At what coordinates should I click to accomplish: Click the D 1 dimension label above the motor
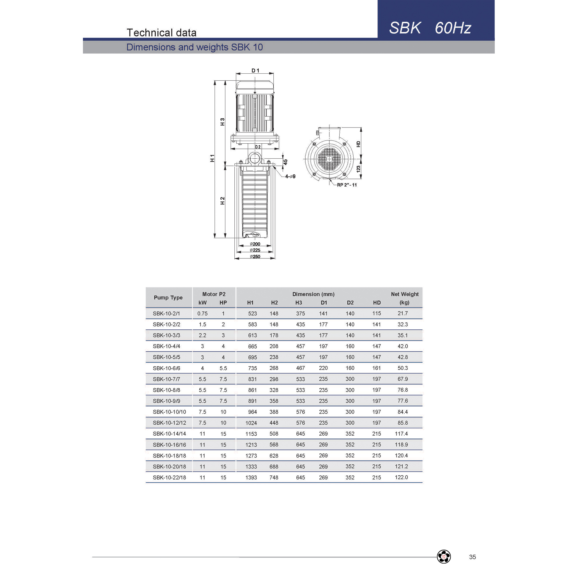pos(255,71)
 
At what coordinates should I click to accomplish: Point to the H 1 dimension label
pos(212,158)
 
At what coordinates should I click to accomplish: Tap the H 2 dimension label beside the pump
pos(222,201)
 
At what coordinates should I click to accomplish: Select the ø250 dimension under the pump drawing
pos(255,257)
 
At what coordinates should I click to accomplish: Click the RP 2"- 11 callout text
pos(347,185)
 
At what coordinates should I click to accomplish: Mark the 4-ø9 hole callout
pos(290,177)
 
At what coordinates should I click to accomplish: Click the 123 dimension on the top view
pos(358,169)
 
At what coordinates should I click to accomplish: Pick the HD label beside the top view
pos(358,144)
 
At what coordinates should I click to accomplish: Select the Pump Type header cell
pos(168,297)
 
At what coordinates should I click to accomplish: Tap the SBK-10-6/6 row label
pos(166,368)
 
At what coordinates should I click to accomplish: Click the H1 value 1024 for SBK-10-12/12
pos(251,423)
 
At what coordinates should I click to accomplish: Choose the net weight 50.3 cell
pos(402,368)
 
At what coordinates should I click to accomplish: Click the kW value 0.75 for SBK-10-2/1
pos(202,314)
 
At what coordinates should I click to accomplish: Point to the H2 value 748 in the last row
pos(274,477)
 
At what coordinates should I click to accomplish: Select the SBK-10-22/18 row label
pos(169,477)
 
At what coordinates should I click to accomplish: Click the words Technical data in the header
pos(162,33)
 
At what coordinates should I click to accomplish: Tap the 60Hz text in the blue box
pos(453,28)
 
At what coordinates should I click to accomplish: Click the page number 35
pos(473,557)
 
